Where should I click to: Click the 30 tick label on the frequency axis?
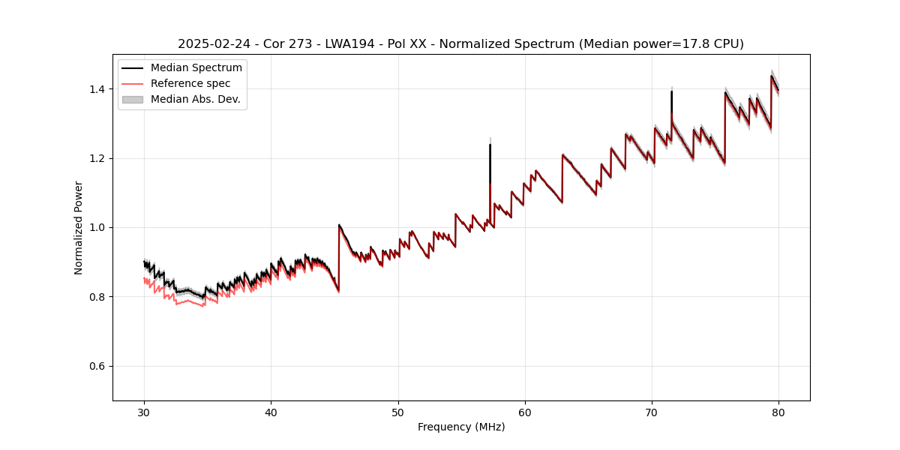[144, 412]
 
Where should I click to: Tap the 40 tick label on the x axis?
[271, 412]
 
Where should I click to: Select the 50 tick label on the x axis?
[398, 412]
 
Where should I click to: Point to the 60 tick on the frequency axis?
[525, 412]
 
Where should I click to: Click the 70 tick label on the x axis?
[652, 412]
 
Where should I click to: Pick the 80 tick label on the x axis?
[778, 412]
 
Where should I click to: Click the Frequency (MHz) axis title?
[461, 427]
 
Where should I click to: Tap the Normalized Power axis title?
[79, 227]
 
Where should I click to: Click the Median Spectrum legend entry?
[196, 68]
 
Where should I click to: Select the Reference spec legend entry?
[190, 83]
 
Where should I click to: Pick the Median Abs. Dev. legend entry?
[195, 99]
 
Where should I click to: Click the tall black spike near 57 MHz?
[490, 161]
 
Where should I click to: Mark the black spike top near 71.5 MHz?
[671, 92]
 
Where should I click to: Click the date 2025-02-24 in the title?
[211, 44]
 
